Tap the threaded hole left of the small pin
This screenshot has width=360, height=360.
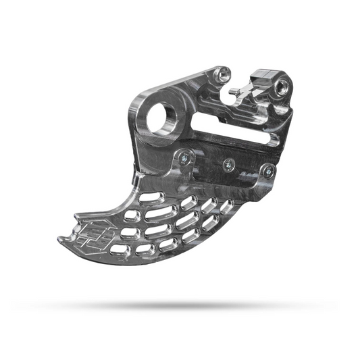(x=225, y=74)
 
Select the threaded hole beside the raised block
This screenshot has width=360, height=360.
(x=282, y=86)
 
